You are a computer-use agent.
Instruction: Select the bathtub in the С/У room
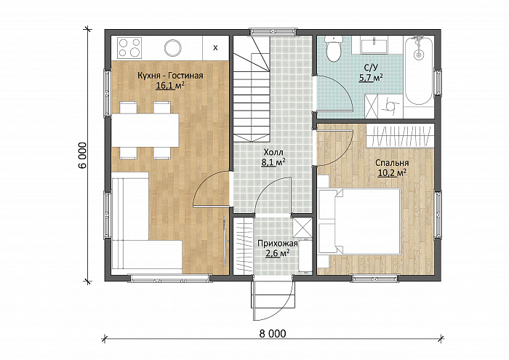pos(419,71)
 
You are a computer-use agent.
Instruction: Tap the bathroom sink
pos(374,45)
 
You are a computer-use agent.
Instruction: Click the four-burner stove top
pos(129,47)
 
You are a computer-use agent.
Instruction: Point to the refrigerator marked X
pos(215,48)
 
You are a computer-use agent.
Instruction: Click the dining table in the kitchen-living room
pos(145,130)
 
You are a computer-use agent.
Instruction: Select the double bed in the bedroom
pos(359,221)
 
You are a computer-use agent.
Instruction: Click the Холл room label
pos(273,152)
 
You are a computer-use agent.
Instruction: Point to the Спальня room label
pos(392,163)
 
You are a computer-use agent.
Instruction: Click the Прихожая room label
pos(278,244)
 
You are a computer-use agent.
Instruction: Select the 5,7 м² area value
pos(370,78)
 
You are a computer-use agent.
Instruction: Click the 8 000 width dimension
pos(273,333)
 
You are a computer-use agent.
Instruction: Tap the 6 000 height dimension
pos(82,155)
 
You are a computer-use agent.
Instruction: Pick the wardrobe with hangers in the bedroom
pos(400,136)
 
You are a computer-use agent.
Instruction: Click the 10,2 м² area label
pos(392,173)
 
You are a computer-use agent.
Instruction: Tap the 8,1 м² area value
pos(273,162)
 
